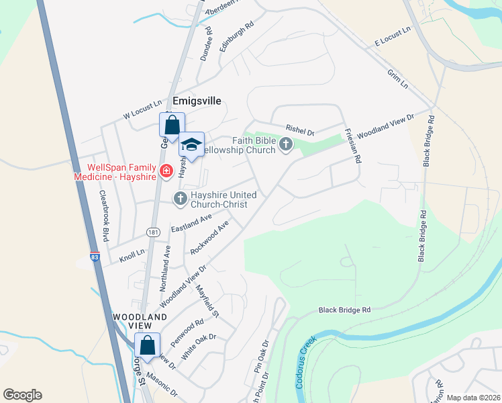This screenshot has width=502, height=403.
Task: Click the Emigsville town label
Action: click(197, 101)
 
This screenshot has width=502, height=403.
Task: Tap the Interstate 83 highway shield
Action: click(95, 257)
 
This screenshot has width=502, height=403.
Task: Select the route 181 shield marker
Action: click(154, 232)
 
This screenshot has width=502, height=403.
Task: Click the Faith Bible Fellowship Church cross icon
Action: click(286, 144)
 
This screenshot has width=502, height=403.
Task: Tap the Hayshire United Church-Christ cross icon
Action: click(180, 198)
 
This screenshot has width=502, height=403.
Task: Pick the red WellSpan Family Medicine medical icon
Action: click(164, 173)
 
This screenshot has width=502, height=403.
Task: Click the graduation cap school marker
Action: click(191, 145)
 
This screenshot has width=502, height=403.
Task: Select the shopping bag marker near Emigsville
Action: click(172, 125)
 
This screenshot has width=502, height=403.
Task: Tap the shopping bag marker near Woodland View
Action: click(148, 345)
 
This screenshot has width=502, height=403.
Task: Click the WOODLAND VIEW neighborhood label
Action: click(140, 322)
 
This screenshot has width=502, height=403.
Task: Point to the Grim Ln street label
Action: click(397, 79)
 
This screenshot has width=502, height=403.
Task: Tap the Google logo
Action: click(22, 395)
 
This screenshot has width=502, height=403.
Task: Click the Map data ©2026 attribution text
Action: click(473, 398)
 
